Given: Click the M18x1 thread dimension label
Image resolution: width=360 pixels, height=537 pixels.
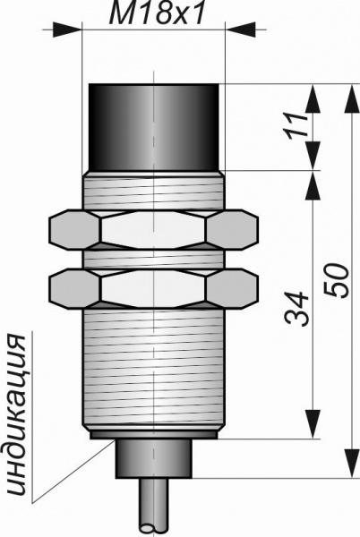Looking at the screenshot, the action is pyautogui.click(x=156, y=13).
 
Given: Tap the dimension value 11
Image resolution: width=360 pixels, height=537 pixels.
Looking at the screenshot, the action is pyautogui.click(x=296, y=125).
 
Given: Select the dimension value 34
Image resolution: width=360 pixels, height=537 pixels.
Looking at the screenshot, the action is pyautogui.click(x=296, y=309).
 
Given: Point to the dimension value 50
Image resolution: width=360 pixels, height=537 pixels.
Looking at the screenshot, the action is pyautogui.click(x=337, y=280).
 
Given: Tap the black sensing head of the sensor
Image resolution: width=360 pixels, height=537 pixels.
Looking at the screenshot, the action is pyautogui.click(x=154, y=127).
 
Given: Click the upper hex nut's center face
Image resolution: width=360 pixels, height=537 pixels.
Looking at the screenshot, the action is pyautogui.click(x=153, y=229).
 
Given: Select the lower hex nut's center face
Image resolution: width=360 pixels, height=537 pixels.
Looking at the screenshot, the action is pyautogui.click(x=153, y=287).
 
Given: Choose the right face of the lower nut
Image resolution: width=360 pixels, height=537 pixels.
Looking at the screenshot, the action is pyautogui.click(x=233, y=287).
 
